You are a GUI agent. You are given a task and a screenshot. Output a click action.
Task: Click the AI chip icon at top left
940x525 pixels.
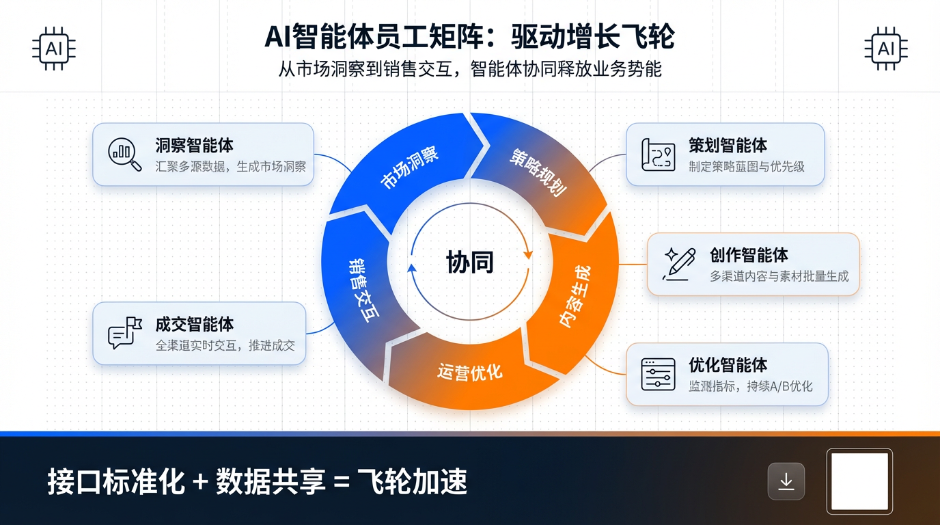click(53, 49)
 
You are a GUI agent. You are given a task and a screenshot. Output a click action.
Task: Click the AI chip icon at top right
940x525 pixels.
click(886, 49)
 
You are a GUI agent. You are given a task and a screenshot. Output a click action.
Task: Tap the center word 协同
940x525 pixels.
click(469, 262)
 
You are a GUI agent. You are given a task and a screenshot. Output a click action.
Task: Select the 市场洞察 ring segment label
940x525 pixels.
click(409, 167)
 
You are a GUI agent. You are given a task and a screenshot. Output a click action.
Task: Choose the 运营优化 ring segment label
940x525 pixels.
click(469, 372)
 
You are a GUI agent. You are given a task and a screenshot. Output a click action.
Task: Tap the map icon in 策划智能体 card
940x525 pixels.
click(658, 154)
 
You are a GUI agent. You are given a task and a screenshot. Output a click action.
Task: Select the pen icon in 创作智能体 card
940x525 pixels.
click(679, 264)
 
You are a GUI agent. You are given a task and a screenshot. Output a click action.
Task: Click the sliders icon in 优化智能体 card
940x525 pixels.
click(658, 374)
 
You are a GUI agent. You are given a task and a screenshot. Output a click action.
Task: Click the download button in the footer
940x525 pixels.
click(786, 481)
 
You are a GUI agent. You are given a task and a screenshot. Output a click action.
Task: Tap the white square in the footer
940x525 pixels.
click(859, 481)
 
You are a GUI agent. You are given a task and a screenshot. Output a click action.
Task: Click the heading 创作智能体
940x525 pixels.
click(749, 255)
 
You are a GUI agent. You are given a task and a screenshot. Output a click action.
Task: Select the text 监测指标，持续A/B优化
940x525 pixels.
click(751, 386)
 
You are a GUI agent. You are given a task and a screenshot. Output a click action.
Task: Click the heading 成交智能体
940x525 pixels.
click(195, 323)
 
